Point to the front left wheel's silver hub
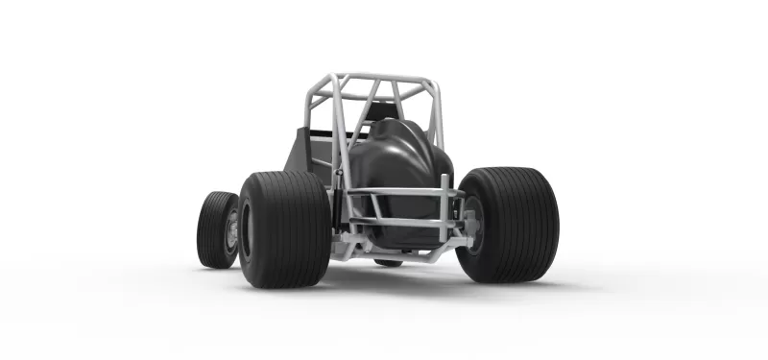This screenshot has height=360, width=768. tap(231, 231)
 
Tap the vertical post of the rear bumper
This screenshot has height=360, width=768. tap(444, 206)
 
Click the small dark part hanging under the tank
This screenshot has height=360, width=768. tap(388, 261)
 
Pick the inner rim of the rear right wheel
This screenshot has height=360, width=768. tap(474, 227)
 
